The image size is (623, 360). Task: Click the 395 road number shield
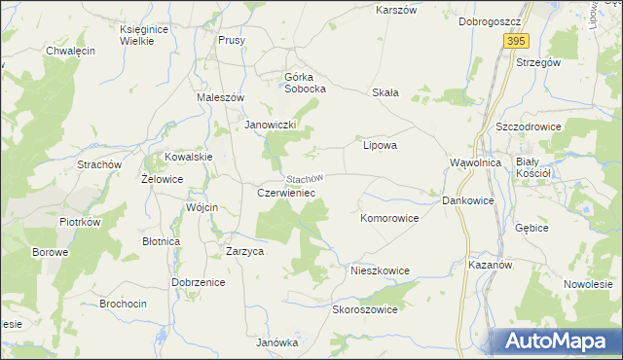516,41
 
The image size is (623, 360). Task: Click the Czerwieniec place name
285,193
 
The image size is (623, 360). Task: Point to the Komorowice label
389,218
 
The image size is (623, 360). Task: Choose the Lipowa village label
380,145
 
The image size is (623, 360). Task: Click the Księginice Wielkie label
145,35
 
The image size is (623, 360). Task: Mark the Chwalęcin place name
70,51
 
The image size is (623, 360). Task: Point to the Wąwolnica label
475,162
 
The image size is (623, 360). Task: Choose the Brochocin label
124,304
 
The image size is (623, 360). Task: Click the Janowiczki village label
276,125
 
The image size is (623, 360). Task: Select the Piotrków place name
80,222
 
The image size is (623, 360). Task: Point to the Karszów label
396,10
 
